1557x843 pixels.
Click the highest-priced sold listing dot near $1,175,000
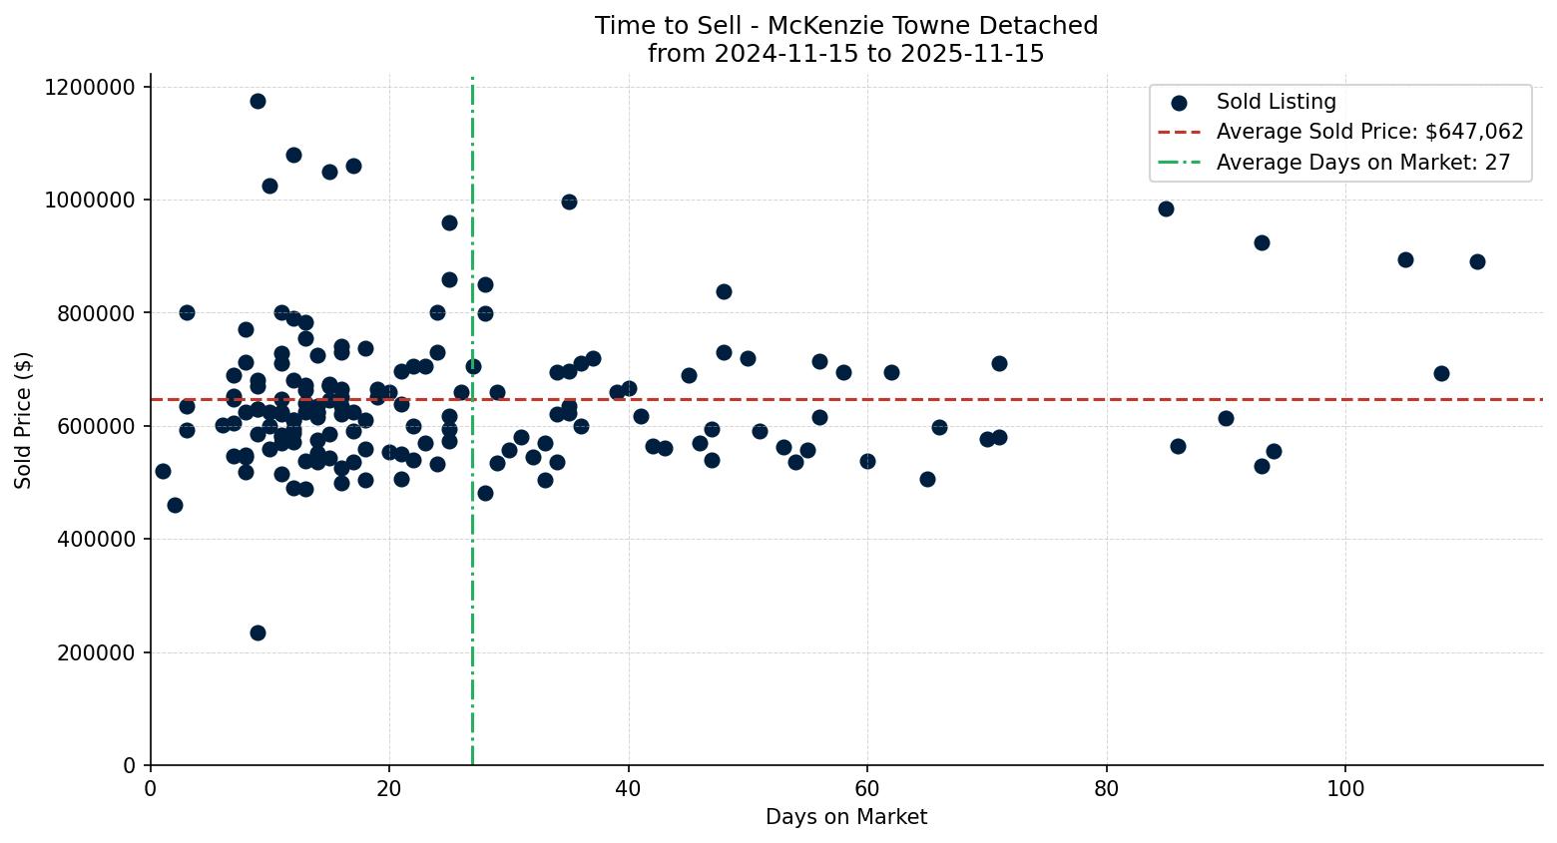coord(258,101)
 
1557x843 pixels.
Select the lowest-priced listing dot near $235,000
coord(258,632)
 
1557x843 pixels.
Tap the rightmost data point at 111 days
coord(1477,261)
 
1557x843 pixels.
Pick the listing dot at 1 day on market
coord(163,471)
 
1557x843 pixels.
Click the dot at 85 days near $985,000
coord(1166,209)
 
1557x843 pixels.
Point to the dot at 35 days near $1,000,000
coord(569,202)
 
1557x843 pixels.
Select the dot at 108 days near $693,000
coord(1441,373)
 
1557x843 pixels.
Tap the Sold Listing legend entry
coord(1276,102)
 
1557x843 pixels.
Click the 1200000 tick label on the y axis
coord(90,87)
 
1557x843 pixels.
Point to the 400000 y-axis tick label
coord(96,540)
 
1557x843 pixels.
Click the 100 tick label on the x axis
coord(1345,789)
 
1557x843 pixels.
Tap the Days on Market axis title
coord(846,817)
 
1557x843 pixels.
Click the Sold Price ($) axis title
coord(23,420)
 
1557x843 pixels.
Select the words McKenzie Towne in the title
coord(850,26)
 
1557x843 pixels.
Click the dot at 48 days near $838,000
coord(724,291)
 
